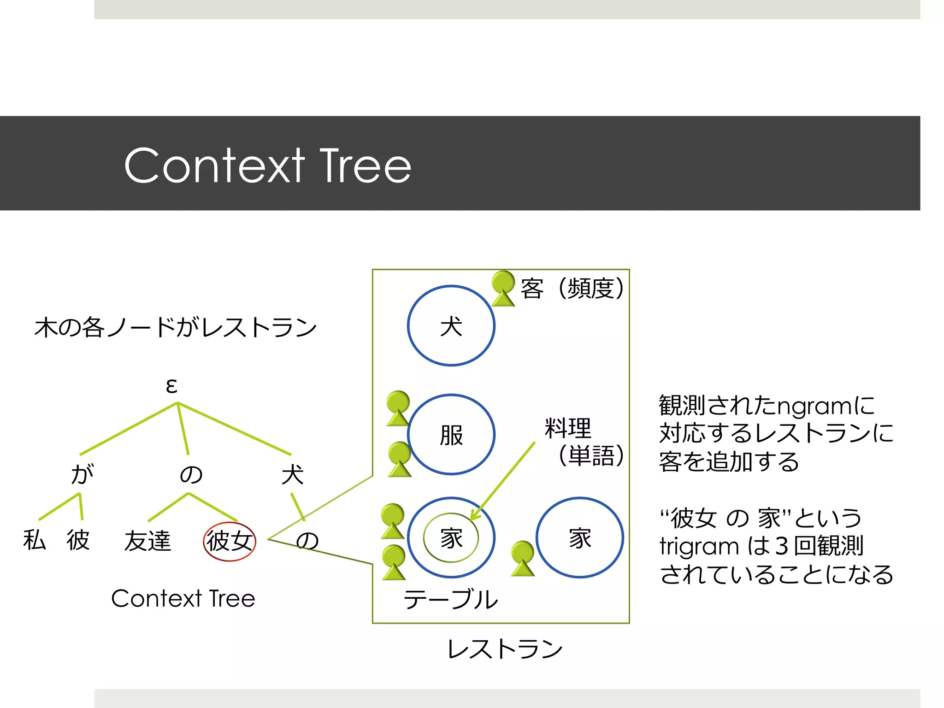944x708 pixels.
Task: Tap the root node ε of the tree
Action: (171, 385)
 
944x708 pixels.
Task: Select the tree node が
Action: (83, 474)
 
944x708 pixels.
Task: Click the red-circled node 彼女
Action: (230, 541)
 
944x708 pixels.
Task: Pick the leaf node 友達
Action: (147, 541)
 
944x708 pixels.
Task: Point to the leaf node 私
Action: (35, 540)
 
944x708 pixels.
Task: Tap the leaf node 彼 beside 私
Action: (77, 540)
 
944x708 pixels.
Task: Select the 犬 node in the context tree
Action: (292, 475)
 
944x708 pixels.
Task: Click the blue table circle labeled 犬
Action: (451, 326)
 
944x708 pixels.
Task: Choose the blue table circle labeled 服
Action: (451, 435)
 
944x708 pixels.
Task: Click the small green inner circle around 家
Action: (451, 538)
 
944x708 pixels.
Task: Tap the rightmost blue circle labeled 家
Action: (579, 537)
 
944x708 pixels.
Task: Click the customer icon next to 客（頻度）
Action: (503, 289)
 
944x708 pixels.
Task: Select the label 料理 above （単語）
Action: (567, 428)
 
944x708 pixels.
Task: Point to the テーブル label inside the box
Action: (450, 599)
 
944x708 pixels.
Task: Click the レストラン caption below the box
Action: (505, 649)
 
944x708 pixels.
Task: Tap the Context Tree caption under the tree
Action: (183, 598)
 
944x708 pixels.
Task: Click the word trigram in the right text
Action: (699, 547)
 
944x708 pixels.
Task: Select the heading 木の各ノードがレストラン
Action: (175, 327)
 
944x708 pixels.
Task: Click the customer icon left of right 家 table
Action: (523, 559)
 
